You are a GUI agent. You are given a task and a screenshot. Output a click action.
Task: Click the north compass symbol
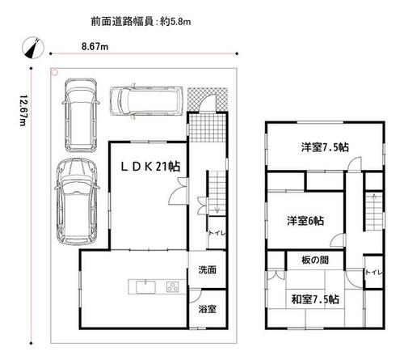click(33, 48)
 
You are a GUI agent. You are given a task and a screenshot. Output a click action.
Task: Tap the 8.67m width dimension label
click(95, 47)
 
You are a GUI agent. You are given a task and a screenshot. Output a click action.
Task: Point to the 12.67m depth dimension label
click(23, 110)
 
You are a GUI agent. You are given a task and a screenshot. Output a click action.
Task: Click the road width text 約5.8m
click(175, 22)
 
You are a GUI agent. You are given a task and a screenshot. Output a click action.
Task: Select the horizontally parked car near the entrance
click(146, 101)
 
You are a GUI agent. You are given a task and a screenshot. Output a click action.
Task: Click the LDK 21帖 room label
click(150, 167)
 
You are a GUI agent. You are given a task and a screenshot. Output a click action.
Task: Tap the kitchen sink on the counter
click(145, 287)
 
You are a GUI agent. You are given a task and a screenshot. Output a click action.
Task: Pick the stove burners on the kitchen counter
click(172, 287)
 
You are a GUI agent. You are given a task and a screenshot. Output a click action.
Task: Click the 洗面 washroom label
click(207, 269)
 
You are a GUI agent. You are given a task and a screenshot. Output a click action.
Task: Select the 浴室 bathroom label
click(207, 309)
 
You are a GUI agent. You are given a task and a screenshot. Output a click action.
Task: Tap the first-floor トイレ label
click(217, 233)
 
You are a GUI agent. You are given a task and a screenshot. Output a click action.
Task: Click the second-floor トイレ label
click(373, 273)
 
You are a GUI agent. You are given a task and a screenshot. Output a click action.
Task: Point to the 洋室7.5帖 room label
click(325, 147)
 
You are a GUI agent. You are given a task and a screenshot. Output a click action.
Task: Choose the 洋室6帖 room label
click(305, 221)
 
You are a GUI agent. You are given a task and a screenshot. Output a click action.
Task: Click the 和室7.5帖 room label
click(315, 299)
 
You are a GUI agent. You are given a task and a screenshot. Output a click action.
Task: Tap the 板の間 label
click(315, 260)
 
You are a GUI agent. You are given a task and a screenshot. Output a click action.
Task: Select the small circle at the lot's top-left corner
click(55, 72)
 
